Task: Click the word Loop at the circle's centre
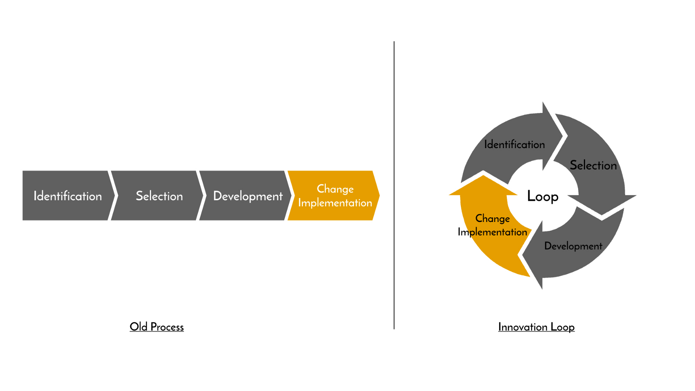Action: click(543, 196)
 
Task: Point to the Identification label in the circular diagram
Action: click(514, 144)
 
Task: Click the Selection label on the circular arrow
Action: click(593, 165)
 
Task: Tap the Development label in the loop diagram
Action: click(573, 246)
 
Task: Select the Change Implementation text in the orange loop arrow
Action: click(492, 225)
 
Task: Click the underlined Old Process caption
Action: click(156, 327)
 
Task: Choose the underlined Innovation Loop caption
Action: click(536, 327)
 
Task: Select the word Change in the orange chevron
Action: click(335, 189)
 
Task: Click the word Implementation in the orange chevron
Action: click(335, 203)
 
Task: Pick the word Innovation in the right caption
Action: click(523, 327)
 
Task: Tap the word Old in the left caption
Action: click(139, 327)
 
